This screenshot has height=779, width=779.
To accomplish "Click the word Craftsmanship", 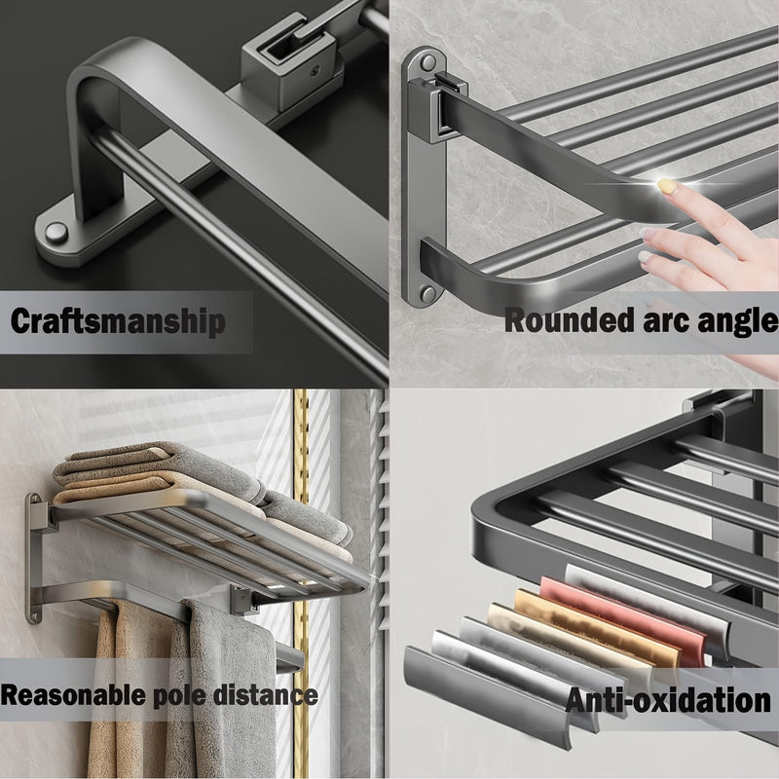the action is click(118, 321).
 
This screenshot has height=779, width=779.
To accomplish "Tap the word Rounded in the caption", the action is click(570, 320).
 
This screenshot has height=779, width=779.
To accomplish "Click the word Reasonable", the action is click(74, 694).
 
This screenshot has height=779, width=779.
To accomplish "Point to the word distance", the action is click(265, 694).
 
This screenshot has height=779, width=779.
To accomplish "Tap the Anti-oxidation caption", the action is click(668, 700).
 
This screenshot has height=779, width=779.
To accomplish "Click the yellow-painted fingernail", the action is click(667, 186).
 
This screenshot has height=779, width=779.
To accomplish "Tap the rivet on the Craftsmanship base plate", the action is click(56, 233).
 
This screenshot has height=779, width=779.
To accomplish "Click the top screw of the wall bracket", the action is click(427, 63).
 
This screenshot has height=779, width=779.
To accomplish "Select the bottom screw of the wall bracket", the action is click(427, 294).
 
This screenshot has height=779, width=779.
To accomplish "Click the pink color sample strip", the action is click(622, 622).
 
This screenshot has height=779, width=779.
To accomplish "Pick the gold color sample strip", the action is click(596, 628).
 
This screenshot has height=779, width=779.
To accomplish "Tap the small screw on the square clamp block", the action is click(315, 71).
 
